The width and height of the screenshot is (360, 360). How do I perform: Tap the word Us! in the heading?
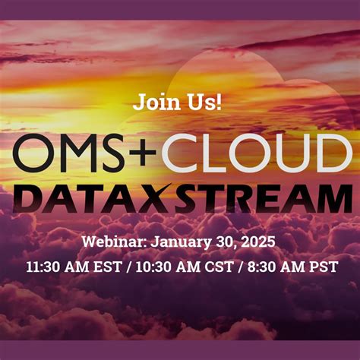point(205,102)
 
